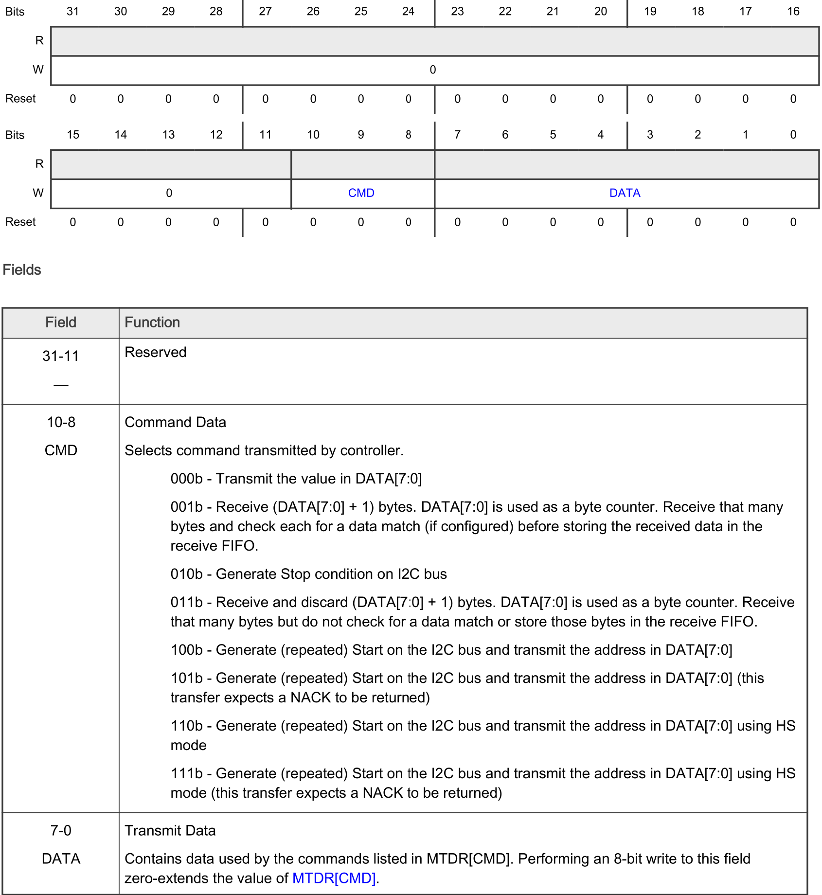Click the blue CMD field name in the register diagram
click(x=361, y=193)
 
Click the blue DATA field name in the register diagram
click(x=625, y=193)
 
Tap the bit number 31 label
click(x=72, y=11)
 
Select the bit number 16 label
click(x=793, y=11)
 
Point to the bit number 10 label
click(x=313, y=135)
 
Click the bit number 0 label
click(x=793, y=135)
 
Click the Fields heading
click(x=22, y=270)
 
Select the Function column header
click(x=152, y=322)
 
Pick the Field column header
click(x=61, y=322)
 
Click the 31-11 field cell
click(x=61, y=356)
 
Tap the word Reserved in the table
click(x=156, y=352)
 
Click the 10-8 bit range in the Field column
click(x=61, y=422)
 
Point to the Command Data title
click(x=175, y=422)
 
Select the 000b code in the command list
click(x=186, y=479)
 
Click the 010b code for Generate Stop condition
click(x=186, y=574)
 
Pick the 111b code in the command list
click(x=186, y=773)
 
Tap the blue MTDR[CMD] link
click(x=334, y=878)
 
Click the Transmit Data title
click(x=170, y=831)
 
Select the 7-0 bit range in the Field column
click(x=61, y=831)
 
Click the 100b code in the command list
click(x=186, y=650)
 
